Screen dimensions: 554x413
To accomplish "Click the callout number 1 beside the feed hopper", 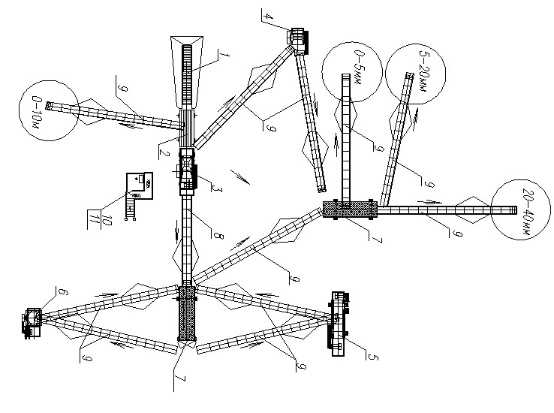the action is pos(224,56).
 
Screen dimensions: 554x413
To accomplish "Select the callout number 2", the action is pos(164,153).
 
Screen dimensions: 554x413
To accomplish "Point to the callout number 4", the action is pos(269,16).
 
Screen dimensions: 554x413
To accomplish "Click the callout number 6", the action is pos(63,292).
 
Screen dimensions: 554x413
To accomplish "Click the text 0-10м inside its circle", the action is pos(37,112).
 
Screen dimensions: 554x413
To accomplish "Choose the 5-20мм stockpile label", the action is pos(423,71).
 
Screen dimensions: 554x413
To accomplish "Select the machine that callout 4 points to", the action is pos(299,40).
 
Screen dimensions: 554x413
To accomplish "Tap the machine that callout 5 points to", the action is pos(339,324).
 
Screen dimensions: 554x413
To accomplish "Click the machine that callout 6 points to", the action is pos(33,323).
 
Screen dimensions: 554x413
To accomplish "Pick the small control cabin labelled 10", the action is pos(140,185).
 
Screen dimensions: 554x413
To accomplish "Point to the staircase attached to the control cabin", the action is pos(131,209).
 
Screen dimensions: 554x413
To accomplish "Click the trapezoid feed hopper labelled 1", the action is pos(187,72).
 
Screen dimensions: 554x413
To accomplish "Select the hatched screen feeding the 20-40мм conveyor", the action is pos(350,209).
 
